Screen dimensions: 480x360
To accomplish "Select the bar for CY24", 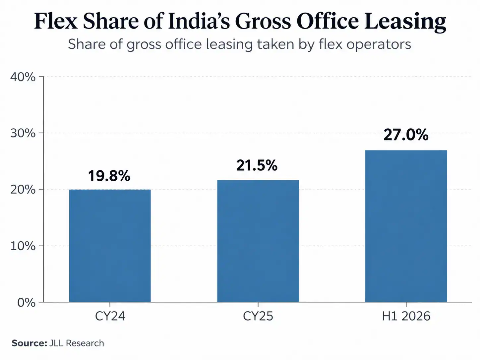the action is [110, 246].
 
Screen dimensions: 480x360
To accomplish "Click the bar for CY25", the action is [258, 241].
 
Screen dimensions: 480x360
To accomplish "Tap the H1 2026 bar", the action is [406, 226].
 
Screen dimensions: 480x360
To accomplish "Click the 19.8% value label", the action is [109, 176].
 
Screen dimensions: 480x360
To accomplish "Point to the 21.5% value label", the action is [257, 165].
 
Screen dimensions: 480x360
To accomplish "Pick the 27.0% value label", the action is [406, 135].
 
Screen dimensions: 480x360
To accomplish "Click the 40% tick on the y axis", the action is [23, 77].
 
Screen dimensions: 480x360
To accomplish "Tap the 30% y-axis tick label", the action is [23, 133].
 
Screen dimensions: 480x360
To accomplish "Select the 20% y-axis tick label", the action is [23, 190].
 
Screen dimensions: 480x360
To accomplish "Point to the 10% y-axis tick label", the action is [23, 246].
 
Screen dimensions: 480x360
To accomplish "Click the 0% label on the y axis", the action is [26, 303].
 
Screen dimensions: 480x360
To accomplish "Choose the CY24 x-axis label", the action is [110, 316].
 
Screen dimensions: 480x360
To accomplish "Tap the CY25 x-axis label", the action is [258, 316].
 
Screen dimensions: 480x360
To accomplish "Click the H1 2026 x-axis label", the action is [406, 316].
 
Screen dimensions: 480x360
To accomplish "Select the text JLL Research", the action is [77, 343].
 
